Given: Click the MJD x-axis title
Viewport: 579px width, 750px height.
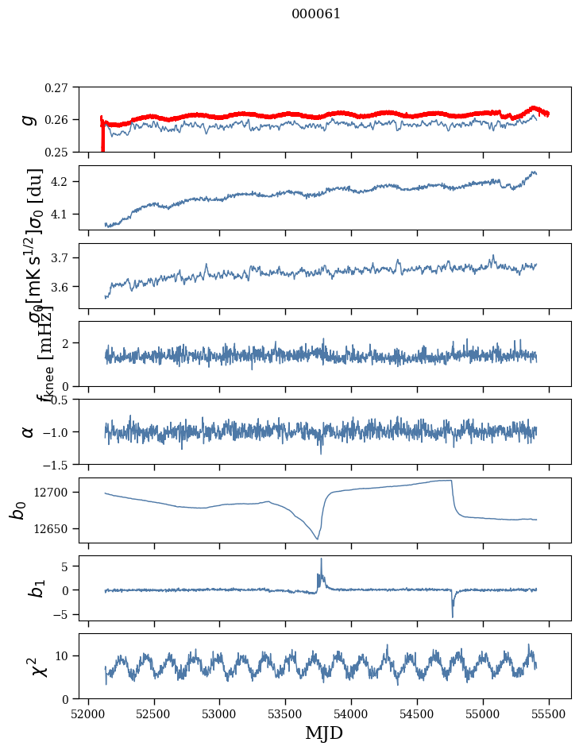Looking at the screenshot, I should click(x=325, y=733).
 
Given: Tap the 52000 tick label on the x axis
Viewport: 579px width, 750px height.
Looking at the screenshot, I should click(x=88, y=713).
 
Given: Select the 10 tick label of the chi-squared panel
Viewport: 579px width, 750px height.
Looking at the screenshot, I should click(x=63, y=655).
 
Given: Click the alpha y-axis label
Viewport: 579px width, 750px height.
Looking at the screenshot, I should click(x=29, y=431).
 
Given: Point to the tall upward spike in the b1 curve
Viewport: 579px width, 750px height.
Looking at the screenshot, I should click(x=321, y=559).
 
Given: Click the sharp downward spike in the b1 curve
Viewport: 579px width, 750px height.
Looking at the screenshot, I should click(x=453, y=616).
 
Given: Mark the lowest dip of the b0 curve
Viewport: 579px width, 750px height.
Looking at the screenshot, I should click(x=317, y=539).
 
